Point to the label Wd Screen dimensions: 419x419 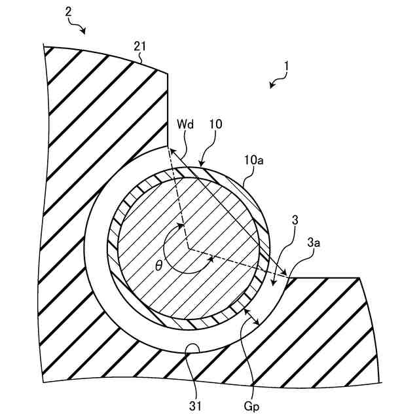(184, 124)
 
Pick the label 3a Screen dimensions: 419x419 (314, 243)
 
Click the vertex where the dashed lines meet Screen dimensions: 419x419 (188, 249)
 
